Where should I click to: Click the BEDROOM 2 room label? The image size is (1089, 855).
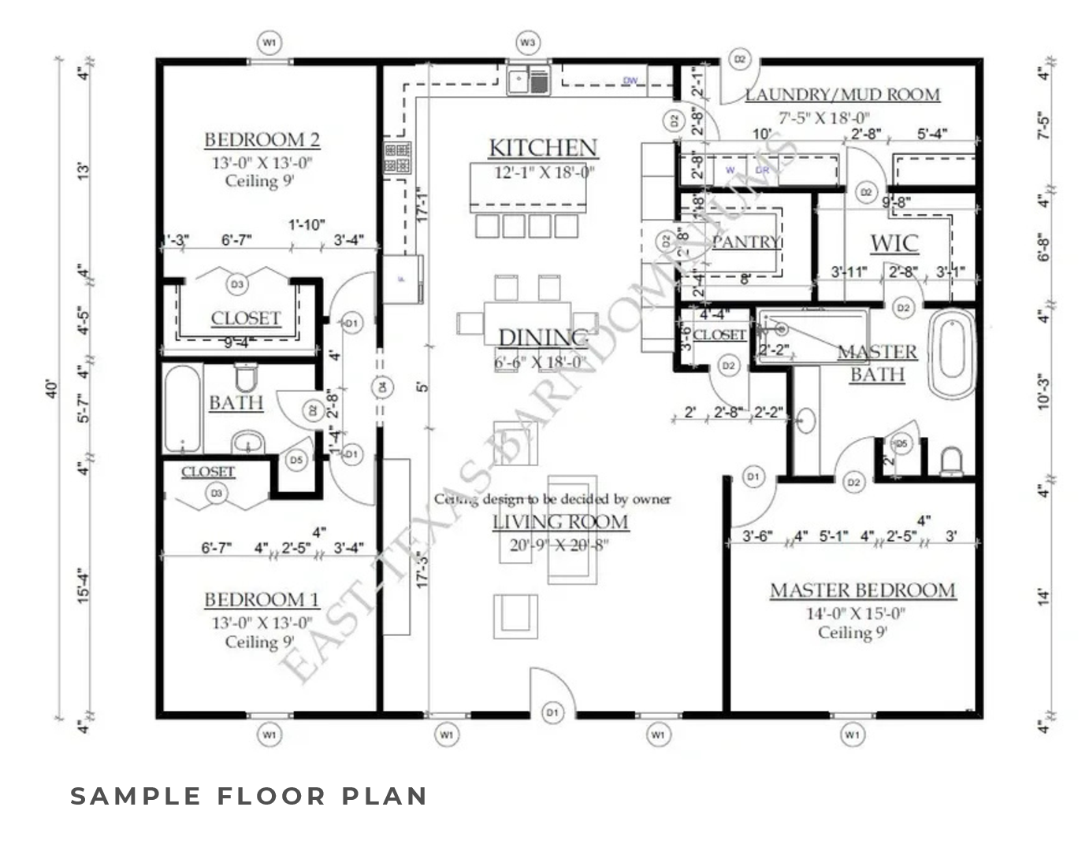(x=262, y=140)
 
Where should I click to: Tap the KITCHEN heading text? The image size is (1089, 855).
(x=543, y=147)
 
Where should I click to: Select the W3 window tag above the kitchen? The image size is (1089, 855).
(x=528, y=42)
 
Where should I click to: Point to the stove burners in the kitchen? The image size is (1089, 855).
(x=396, y=157)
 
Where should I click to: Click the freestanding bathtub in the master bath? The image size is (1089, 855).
(x=952, y=353)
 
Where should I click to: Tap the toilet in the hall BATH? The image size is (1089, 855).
(x=246, y=377)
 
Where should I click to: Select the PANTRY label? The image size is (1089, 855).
(x=745, y=242)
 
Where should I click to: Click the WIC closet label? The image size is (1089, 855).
(x=894, y=242)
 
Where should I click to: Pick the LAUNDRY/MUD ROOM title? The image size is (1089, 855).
(x=842, y=95)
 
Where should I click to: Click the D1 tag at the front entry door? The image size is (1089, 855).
(x=552, y=712)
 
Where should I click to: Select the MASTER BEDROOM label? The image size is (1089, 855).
(x=862, y=590)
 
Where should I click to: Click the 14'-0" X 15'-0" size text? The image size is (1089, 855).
(x=855, y=613)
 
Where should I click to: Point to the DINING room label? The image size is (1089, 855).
(x=543, y=338)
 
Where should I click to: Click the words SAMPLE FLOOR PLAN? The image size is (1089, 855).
(x=249, y=796)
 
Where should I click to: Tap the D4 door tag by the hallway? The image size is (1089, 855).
(x=382, y=387)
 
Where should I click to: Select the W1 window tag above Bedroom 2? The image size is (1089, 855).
(x=269, y=42)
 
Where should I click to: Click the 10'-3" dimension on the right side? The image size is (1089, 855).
(x=1044, y=391)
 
